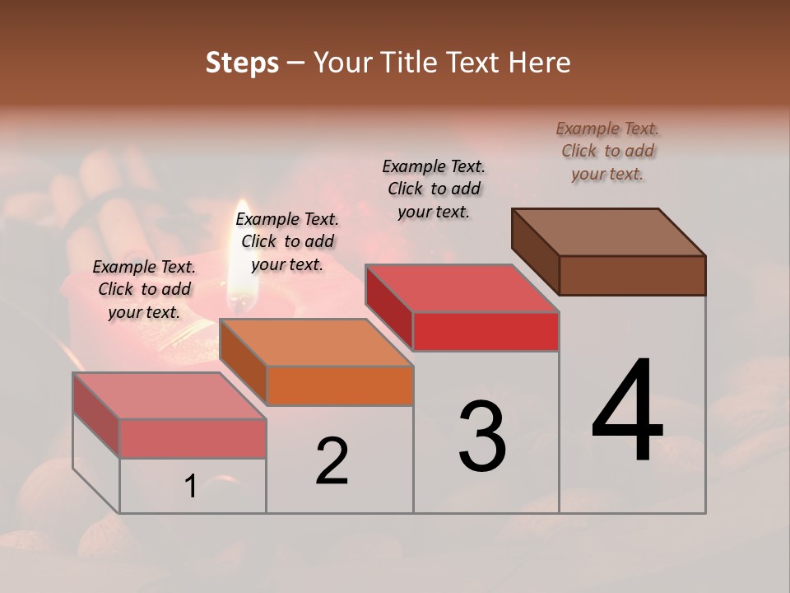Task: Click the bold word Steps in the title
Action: click(x=242, y=63)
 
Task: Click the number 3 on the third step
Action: click(x=482, y=437)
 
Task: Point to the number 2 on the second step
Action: click(x=332, y=461)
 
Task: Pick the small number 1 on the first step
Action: click(x=191, y=487)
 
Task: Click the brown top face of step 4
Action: click(x=609, y=231)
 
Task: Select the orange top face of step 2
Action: click(x=316, y=342)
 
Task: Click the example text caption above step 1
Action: click(x=144, y=289)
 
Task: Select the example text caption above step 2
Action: click(x=287, y=241)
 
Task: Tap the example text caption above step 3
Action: click(x=434, y=189)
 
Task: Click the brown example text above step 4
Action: click(x=607, y=151)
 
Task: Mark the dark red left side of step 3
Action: click(x=389, y=306)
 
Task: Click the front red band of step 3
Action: click(x=486, y=332)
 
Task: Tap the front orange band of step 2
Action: click(x=340, y=385)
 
